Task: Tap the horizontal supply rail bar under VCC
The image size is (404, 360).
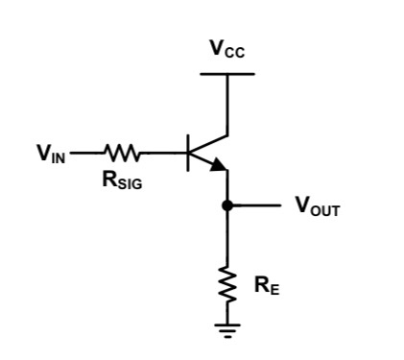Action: (x=227, y=74)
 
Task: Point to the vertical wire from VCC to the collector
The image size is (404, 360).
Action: (x=227, y=104)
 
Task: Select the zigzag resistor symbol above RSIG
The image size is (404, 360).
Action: (x=123, y=152)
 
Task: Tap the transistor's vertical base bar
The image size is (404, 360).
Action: (x=190, y=152)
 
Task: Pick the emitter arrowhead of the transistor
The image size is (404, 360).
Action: (x=219, y=165)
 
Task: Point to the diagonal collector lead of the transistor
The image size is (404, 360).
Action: (x=209, y=142)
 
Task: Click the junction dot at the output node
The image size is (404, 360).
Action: (x=227, y=205)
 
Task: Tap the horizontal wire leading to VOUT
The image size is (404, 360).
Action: (x=254, y=205)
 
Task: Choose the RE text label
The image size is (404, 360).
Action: (x=267, y=285)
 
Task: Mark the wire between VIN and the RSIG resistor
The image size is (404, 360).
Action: (x=86, y=152)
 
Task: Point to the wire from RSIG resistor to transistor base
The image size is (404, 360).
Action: (x=165, y=152)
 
